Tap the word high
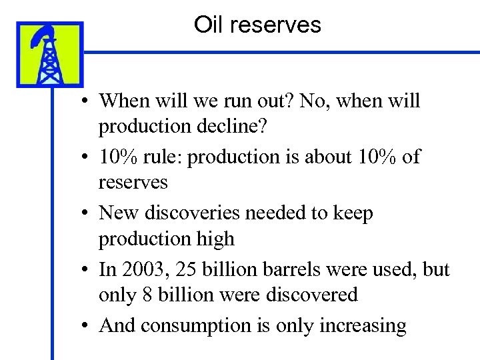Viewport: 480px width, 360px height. pyautogui.click(x=217, y=239)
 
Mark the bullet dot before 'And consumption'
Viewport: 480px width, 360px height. pyautogui.click(x=87, y=327)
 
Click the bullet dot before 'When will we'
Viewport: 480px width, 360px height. pyautogui.click(x=87, y=102)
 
